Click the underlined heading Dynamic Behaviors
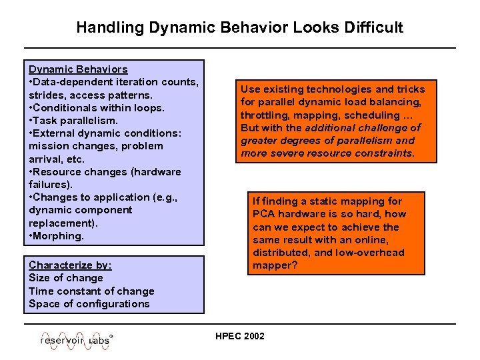78,69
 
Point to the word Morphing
59,236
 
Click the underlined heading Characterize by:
70,265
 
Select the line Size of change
66,278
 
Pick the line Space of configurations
89,303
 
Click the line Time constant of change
91,291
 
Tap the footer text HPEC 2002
240,336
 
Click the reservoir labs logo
76,339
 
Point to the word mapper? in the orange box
275,265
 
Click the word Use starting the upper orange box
251,89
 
